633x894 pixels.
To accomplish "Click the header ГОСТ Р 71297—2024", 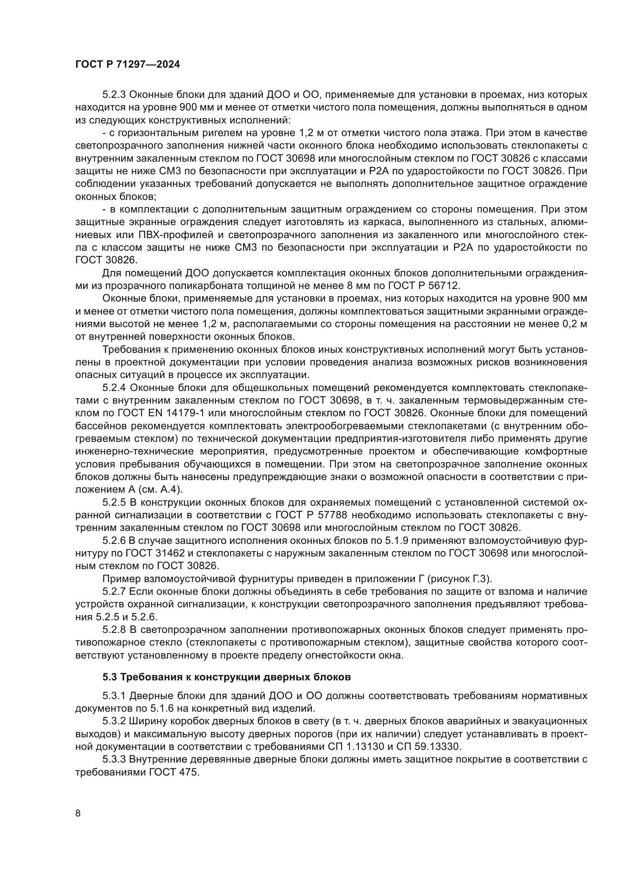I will coord(127,65).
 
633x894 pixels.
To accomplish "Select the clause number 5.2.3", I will coord(114,95).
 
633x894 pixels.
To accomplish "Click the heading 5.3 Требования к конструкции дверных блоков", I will coord(227,677).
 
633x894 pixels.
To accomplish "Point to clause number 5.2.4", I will coord(114,388).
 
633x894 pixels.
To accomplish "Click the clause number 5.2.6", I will coord(114,540).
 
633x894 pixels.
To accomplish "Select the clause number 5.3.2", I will coord(114,721).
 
